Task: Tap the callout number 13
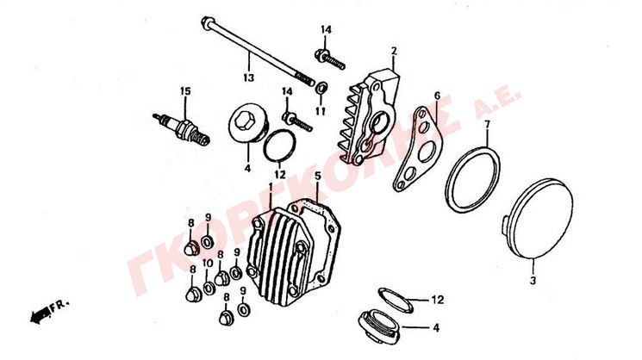pyautogui.click(x=248, y=78)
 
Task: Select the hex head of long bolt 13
pyautogui.click(x=207, y=22)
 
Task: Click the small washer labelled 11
pyautogui.click(x=321, y=87)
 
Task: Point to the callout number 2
pyautogui.click(x=394, y=51)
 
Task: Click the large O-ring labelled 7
pyautogui.click(x=472, y=179)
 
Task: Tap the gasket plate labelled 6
pyautogui.click(x=418, y=149)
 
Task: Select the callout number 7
pyautogui.click(x=487, y=124)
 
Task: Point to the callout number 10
pyautogui.click(x=208, y=263)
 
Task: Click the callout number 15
pyautogui.click(x=185, y=90)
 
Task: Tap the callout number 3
pyautogui.click(x=533, y=281)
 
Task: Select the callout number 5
pyautogui.click(x=318, y=176)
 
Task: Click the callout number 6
pyautogui.click(x=437, y=96)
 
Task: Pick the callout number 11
pyautogui.click(x=321, y=111)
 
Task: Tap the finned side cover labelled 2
pyautogui.click(x=373, y=117)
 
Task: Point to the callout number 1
pyautogui.click(x=271, y=187)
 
